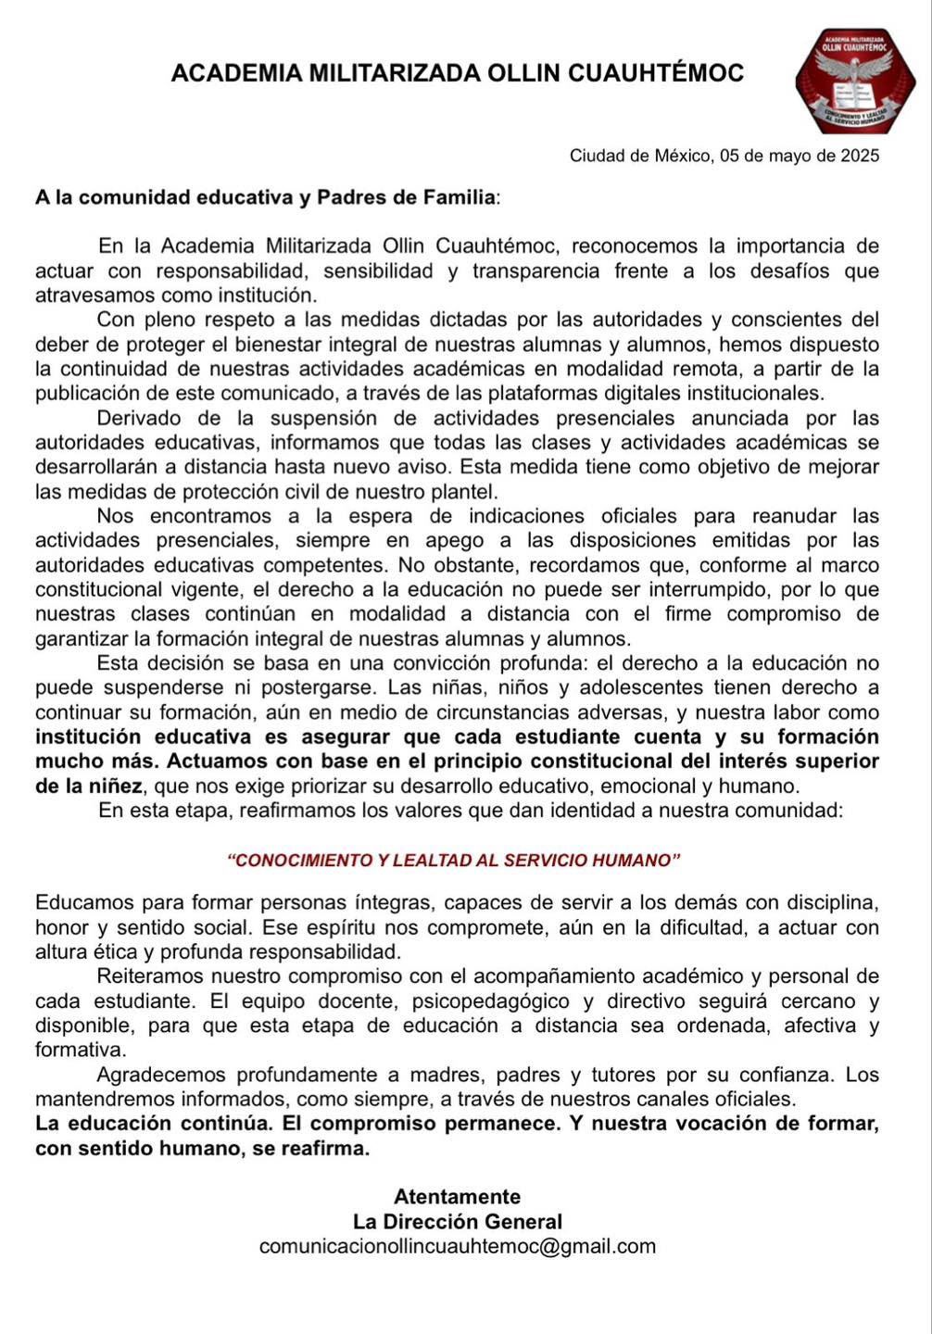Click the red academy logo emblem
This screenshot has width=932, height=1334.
coord(855,82)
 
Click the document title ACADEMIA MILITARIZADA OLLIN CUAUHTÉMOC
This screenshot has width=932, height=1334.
coord(458,74)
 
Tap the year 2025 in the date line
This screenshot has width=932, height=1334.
coord(860,156)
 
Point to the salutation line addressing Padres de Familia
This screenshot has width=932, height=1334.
coord(268,197)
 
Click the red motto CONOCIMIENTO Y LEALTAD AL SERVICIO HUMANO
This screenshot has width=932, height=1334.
coord(454,860)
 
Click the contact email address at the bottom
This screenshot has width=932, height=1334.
coord(458,1247)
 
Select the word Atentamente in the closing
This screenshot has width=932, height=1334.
coord(458,1197)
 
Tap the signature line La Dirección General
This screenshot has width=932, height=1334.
coord(458,1222)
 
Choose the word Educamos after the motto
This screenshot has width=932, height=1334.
coord(84,902)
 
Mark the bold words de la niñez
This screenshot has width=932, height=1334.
coord(89,787)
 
